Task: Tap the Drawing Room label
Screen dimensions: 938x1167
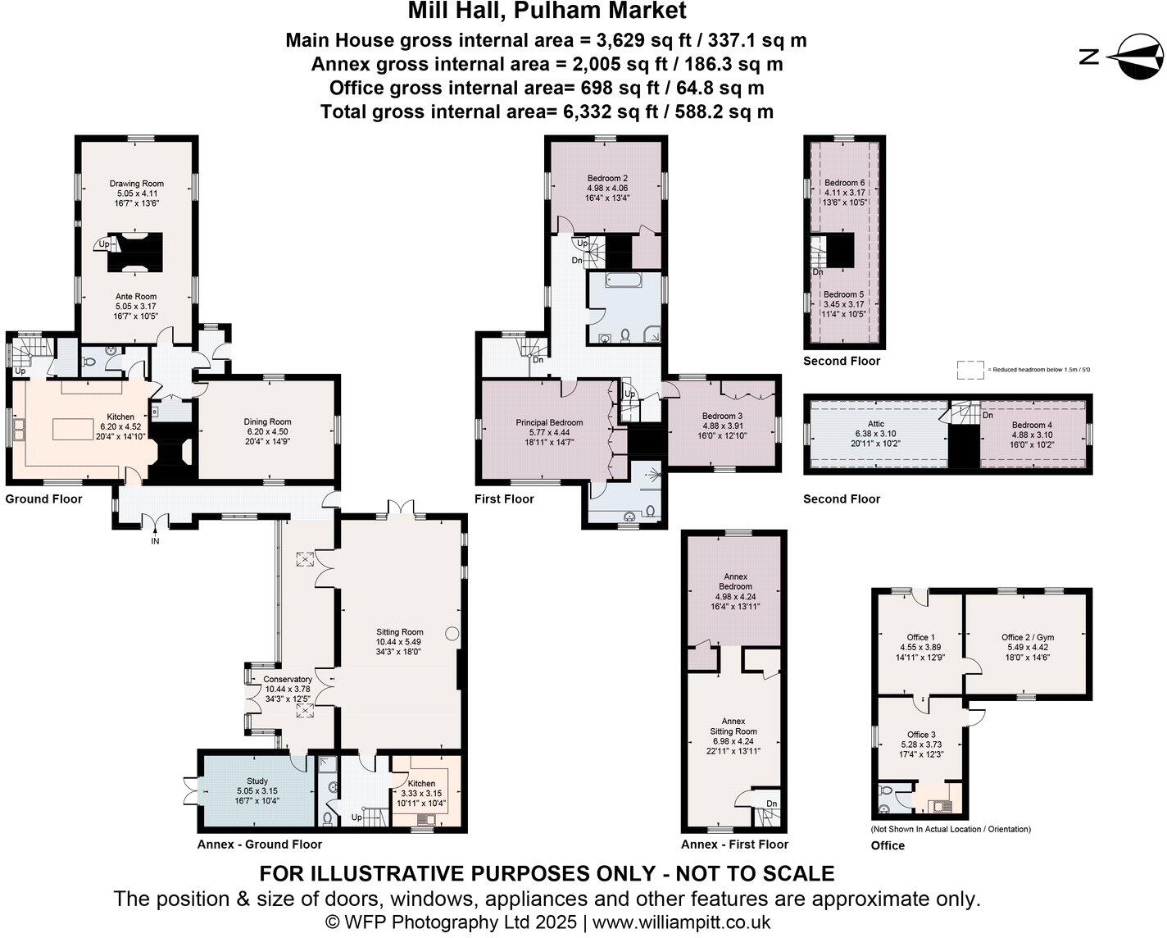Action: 137,184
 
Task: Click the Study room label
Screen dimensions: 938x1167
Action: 257,781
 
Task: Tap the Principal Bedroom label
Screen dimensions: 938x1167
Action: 549,423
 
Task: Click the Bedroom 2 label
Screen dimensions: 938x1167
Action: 607,179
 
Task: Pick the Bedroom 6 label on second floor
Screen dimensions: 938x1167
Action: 844,183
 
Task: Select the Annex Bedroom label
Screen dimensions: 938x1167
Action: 735,581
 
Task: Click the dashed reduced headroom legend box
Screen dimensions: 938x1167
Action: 970,370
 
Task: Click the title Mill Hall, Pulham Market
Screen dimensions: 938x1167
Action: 547,11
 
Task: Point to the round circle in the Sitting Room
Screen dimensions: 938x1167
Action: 452,633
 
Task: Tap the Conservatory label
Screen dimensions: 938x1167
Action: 287,679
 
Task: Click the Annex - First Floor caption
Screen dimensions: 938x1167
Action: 734,845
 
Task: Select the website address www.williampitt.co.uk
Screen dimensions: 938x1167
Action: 681,922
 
